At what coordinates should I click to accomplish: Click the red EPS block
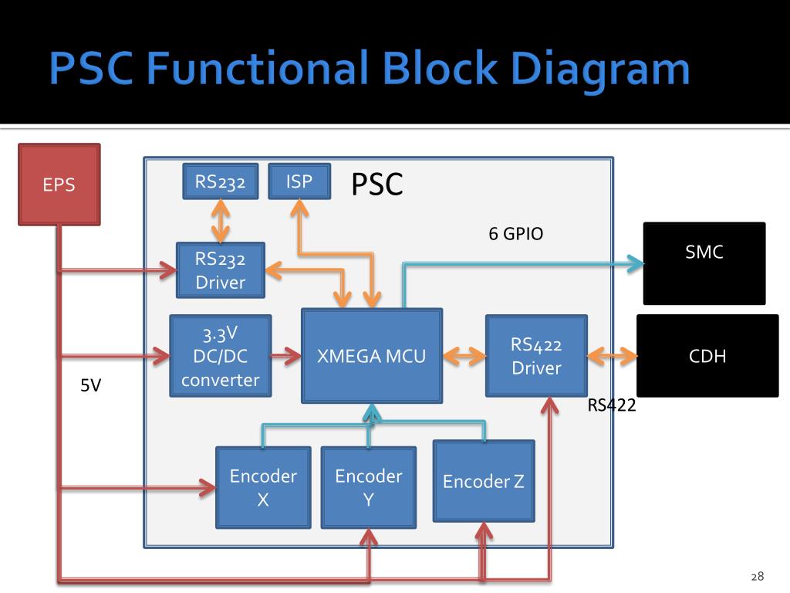click(59, 185)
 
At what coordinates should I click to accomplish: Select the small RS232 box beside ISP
click(220, 181)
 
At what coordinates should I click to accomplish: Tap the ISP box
click(299, 181)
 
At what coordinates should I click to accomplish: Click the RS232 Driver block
click(221, 269)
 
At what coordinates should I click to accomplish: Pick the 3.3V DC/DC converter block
click(221, 355)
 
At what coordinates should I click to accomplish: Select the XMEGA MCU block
click(372, 355)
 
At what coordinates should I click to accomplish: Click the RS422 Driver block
click(535, 355)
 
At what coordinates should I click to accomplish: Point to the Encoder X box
click(262, 487)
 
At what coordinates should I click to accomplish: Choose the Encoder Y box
click(368, 487)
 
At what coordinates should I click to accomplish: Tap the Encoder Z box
click(484, 481)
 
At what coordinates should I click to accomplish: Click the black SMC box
click(704, 263)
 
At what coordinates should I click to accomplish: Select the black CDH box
click(707, 355)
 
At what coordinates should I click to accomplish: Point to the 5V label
click(91, 385)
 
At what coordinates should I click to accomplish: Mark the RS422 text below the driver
click(612, 405)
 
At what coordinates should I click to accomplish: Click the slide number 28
click(757, 576)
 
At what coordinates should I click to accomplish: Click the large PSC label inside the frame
click(377, 185)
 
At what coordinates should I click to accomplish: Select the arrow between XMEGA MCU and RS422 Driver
click(464, 356)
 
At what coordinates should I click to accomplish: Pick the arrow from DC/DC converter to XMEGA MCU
click(286, 356)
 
